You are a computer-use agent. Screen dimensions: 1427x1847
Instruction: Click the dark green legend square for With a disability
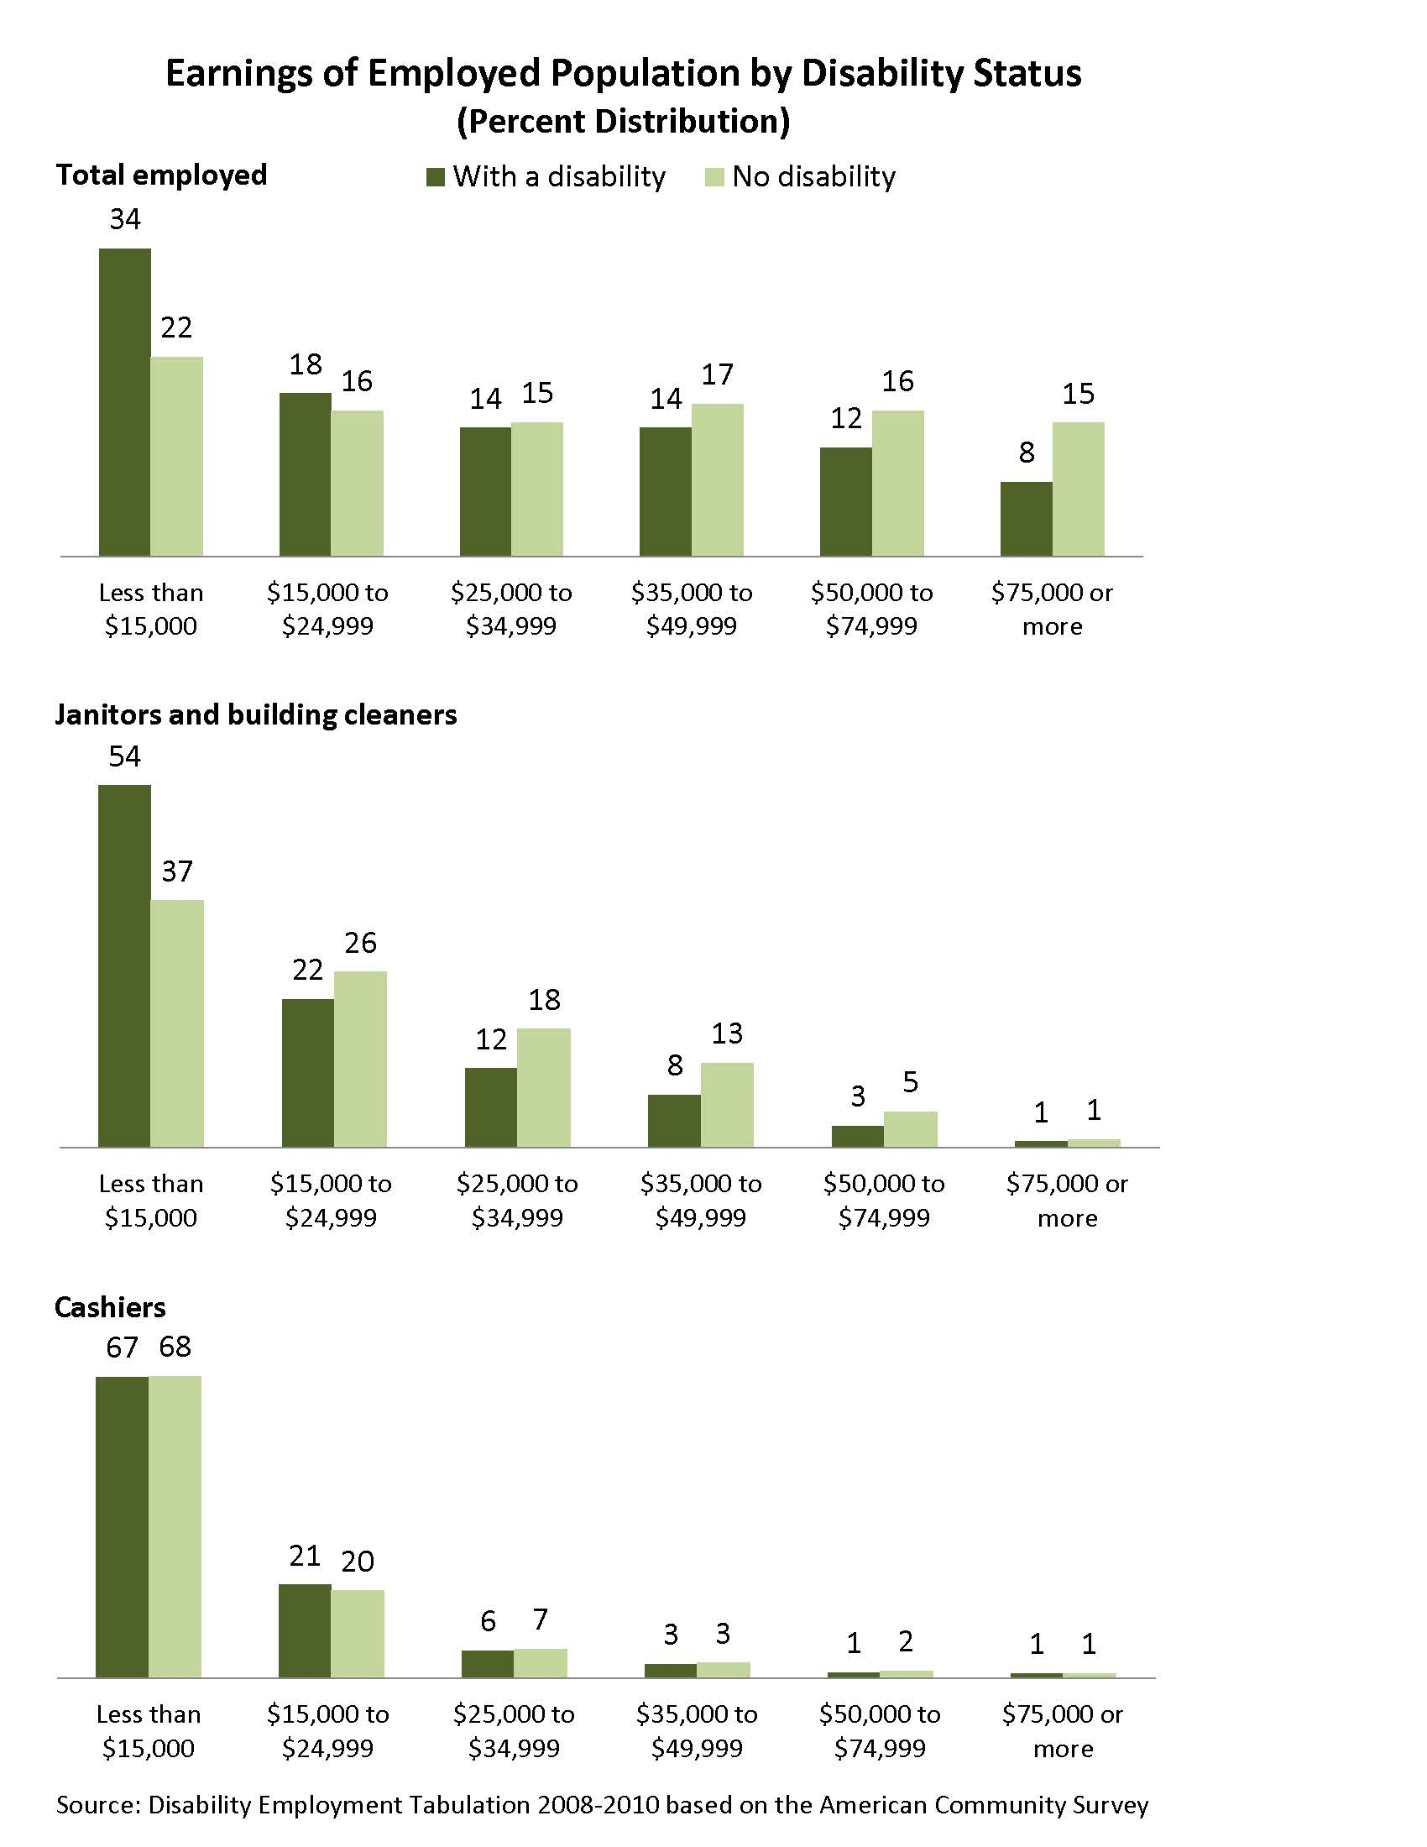[436, 178]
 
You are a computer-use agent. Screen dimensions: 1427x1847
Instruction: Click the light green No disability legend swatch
[714, 178]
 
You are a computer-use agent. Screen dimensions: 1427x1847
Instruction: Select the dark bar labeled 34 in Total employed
[125, 401]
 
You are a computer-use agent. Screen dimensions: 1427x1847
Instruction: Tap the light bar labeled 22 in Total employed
[176, 456]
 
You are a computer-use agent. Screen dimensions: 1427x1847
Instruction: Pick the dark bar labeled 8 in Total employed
[1027, 518]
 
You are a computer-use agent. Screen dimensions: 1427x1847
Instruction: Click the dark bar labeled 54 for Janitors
[125, 965]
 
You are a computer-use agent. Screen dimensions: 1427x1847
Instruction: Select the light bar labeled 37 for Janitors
[176, 1023]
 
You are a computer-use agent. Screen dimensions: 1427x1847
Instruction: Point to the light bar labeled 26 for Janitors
[361, 1059]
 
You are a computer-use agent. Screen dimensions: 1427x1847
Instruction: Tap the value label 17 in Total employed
[718, 374]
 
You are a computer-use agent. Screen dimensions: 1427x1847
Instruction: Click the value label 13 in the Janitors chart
[727, 1033]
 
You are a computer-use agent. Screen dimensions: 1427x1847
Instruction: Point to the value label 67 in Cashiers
[123, 1347]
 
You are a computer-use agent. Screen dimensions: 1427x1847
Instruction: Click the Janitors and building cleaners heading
[255, 714]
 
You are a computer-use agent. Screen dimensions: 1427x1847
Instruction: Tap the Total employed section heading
[161, 175]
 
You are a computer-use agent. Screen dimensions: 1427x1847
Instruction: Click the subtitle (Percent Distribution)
[624, 121]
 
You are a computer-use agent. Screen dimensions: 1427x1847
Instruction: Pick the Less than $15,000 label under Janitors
[151, 1200]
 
